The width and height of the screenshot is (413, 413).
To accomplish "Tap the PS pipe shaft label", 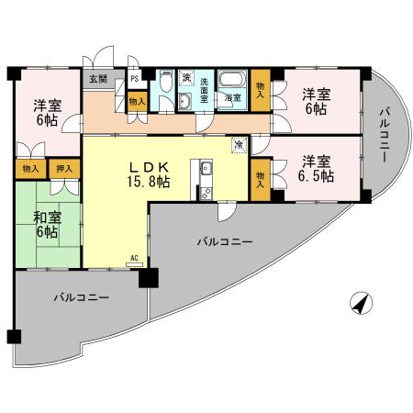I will [x=134, y=79].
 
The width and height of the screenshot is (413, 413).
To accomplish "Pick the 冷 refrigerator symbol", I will [x=239, y=144].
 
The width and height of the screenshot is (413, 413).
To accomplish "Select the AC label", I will [x=134, y=259].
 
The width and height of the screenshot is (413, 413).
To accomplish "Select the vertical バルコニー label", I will [x=384, y=135].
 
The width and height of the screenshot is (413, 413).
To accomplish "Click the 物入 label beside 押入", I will [x=30, y=169].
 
